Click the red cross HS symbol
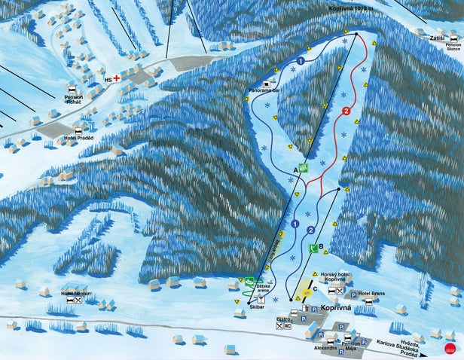point(116,77)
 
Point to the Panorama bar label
point(264,90)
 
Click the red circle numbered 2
point(346,111)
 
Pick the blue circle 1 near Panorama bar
point(300,59)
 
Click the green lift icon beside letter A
point(304,169)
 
